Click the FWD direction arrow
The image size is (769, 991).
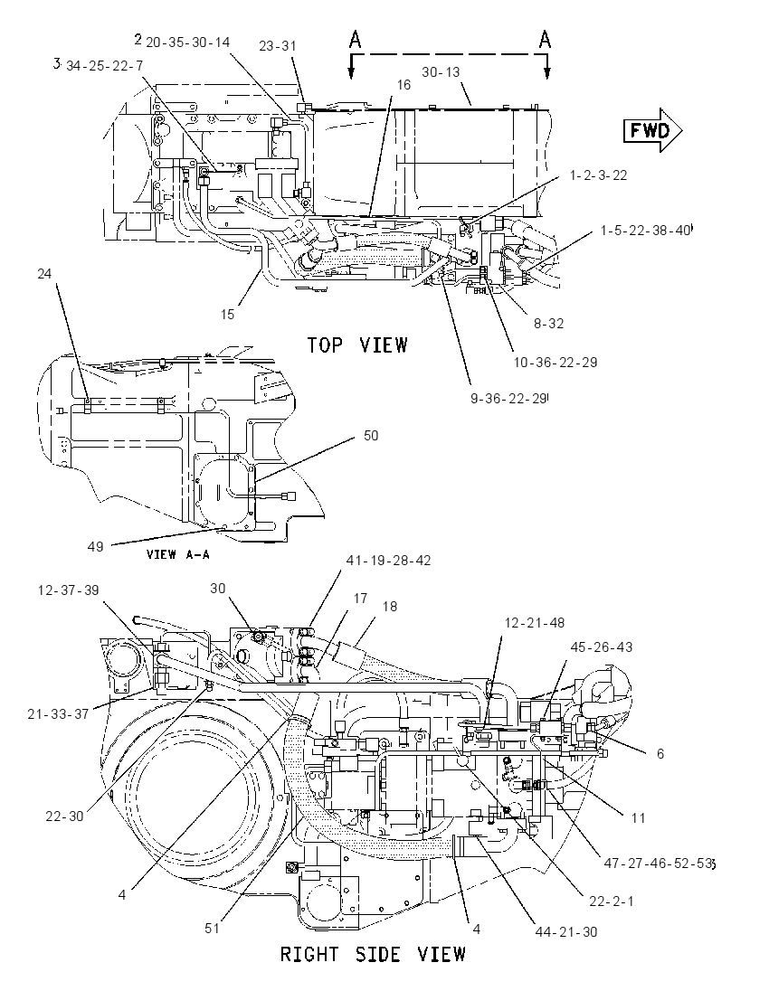(653, 130)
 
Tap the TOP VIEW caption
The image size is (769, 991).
(357, 345)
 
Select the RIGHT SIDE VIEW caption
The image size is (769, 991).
(373, 954)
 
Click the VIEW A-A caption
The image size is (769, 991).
(177, 554)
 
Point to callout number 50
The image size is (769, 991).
(371, 436)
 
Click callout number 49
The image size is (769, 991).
(96, 546)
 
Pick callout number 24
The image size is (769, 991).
(44, 274)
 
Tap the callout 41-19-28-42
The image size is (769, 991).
(388, 561)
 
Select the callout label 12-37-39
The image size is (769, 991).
(68, 590)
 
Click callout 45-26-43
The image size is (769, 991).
(601, 647)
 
